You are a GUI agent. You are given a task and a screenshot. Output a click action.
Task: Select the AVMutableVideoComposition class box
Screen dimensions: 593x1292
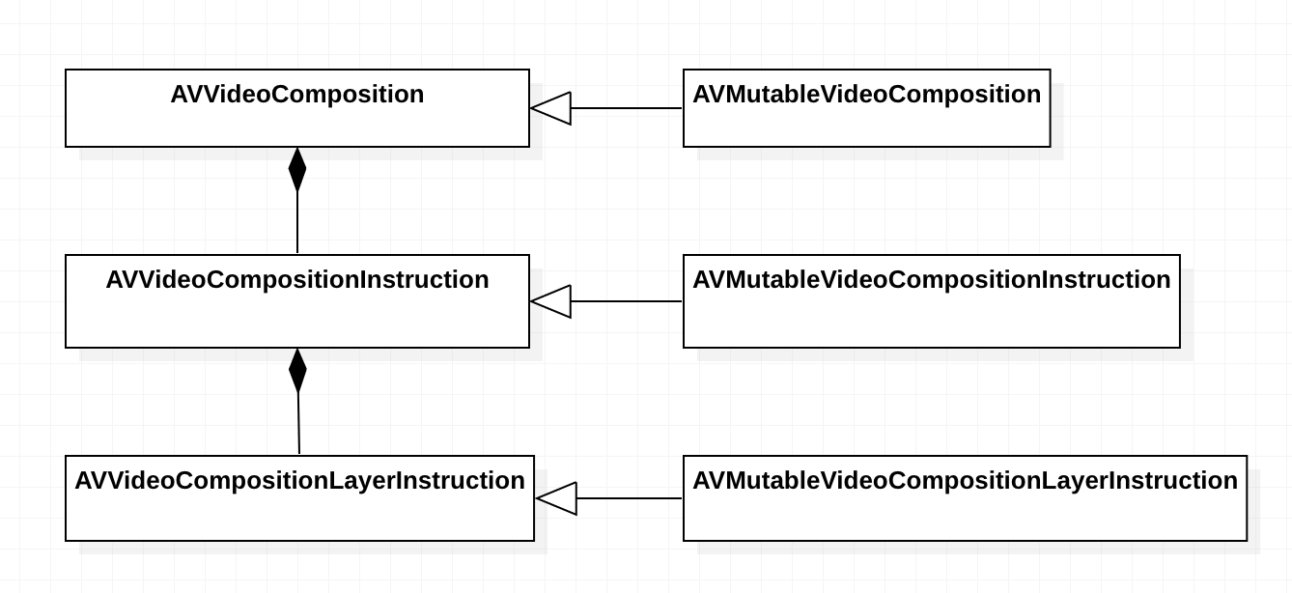866,124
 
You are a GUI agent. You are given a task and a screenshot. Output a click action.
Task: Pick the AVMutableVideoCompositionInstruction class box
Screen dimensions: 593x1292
931,317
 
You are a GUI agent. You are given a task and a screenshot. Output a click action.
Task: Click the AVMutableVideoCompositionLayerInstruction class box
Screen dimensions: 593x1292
965,514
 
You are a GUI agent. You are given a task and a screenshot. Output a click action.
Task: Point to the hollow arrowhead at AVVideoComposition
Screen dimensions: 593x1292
551,108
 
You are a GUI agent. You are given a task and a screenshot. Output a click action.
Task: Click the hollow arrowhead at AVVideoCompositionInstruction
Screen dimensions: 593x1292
551,301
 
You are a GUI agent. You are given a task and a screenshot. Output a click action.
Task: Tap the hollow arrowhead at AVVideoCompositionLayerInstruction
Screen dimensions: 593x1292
557,498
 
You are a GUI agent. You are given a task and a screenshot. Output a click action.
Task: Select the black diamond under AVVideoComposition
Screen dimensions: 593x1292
297,170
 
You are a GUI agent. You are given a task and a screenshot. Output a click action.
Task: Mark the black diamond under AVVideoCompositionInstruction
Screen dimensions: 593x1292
297,371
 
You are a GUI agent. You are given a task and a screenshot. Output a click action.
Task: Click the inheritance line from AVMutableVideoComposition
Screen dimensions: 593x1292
626,108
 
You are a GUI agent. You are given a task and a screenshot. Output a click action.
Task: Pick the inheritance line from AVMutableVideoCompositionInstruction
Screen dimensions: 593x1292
626,301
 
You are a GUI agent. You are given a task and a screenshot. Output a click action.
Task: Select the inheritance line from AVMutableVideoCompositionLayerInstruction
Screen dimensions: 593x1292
629,498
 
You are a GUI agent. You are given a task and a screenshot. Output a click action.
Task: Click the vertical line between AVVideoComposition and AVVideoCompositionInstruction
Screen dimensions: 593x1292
297,222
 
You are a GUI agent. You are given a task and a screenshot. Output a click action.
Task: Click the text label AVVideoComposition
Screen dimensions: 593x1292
296,95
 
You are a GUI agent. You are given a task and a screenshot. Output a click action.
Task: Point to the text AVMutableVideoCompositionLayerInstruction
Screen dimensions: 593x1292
965,481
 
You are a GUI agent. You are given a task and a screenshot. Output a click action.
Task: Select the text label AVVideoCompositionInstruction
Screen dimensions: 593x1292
296,280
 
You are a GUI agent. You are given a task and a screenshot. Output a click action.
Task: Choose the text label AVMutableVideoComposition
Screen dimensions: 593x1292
866,95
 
